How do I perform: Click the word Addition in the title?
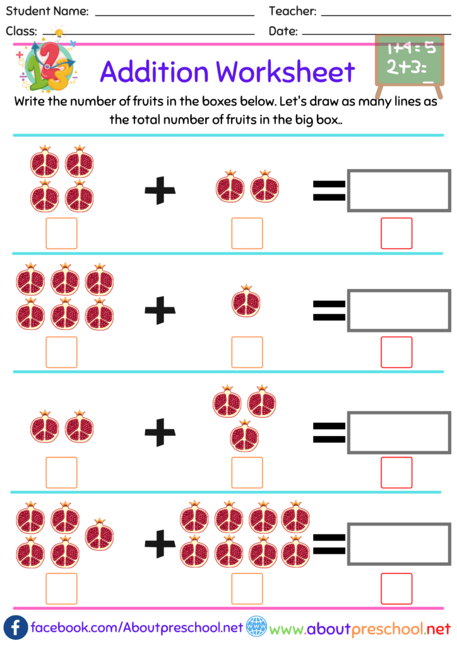pos(155,72)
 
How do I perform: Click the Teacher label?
pos(292,11)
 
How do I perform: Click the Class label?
pos(21,31)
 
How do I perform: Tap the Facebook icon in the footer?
pos(16,628)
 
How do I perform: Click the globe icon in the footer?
pos(256,628)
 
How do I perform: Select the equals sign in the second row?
pos(329,309)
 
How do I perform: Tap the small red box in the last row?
pos(396,588)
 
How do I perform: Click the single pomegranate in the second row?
pos(247,301)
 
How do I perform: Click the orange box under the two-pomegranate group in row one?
pos(247,233)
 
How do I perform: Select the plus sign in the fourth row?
pos(160,542)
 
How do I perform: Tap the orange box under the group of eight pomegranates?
pos(247,588)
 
